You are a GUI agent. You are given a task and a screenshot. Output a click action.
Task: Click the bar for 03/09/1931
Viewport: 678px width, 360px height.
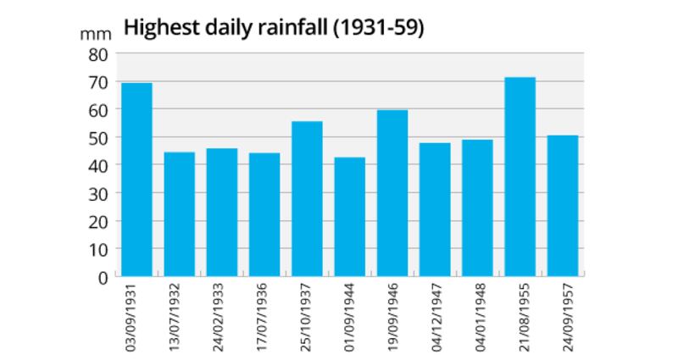(136, 180)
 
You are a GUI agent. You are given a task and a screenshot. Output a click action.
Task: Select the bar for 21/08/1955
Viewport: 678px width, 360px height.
(520, 177)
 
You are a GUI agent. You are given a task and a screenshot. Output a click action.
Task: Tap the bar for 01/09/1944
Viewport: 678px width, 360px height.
(349, 217)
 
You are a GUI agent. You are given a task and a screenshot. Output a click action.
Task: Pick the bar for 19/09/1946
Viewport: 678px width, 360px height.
(392, 193)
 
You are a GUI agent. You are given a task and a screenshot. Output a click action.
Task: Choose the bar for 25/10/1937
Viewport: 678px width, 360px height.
(307, 199)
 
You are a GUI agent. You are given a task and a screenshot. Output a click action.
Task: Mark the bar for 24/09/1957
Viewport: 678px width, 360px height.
(562, 206)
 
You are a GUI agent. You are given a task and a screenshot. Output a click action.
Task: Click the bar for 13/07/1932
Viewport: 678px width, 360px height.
(179, 214)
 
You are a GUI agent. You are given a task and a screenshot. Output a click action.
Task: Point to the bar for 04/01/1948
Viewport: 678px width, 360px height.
(477, 208)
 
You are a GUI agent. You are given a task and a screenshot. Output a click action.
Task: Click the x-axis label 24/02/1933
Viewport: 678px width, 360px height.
(222, 315)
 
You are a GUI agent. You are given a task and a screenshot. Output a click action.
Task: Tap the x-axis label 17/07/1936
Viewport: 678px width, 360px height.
(264, 315)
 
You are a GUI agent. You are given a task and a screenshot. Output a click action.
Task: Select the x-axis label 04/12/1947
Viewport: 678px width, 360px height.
(435, 315)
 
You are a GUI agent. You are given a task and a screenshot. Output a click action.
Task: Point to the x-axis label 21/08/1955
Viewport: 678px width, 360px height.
(520, 315)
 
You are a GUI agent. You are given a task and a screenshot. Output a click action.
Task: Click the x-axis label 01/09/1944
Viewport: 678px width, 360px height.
(350, 315)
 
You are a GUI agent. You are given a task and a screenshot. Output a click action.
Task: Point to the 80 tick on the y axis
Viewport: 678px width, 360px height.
(99, 54)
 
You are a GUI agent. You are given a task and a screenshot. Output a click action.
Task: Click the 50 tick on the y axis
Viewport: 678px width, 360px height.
(99, 137)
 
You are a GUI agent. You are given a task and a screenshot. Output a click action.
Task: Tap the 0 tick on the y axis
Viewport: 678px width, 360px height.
(104, 277)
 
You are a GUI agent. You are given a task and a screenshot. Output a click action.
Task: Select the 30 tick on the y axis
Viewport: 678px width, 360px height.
(99, 193)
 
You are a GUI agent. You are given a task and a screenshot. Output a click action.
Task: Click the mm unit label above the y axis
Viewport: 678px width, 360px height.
(92, 34)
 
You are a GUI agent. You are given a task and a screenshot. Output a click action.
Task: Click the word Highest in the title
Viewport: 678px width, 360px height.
(158, 27)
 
